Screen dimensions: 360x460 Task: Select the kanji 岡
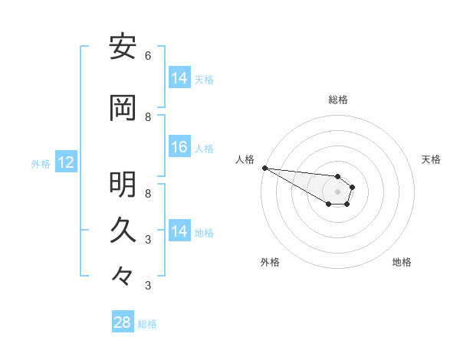coord(123,109)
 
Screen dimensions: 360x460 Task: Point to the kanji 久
coord(123,229)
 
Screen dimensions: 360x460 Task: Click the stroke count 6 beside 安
coord(148,55)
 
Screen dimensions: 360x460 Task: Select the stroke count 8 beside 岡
coord(148,117)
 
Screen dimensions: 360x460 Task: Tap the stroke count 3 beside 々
coord(148,286)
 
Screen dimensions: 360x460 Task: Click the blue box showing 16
coord(179,148)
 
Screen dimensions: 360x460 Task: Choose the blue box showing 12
coord(65,162)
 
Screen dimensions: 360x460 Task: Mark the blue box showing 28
coord(123,322)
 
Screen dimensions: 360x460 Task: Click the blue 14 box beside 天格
coord(179,78)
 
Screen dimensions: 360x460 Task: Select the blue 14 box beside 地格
coord(179,231)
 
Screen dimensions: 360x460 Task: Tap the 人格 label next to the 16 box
coord(204,149)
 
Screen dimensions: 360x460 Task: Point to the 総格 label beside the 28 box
coord(147,324)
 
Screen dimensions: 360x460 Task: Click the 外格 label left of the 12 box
coord(41,163)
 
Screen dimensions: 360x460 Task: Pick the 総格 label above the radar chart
coord(337,100)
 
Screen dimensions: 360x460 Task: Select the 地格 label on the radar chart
coord(402,262)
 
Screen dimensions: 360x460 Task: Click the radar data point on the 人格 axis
coord(264,168)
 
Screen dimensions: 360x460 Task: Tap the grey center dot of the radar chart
coord(337,191)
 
